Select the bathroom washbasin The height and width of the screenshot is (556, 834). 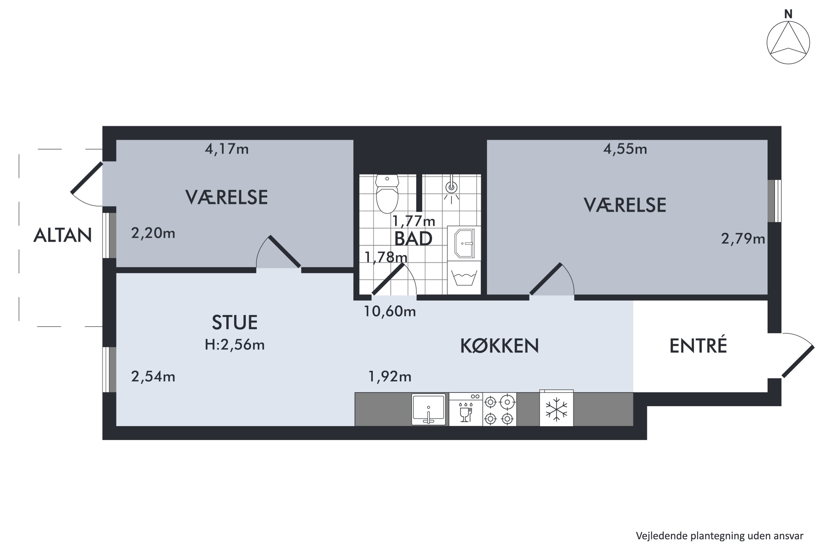(x=465, y=243)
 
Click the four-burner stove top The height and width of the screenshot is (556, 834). (x=499, y=409)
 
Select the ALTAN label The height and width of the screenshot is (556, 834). (x=63, y=235)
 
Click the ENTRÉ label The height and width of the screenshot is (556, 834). (x=698, y=346)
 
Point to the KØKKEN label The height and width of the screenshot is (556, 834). (x=499, y=346)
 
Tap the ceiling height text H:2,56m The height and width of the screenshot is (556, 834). (x=234, y=345)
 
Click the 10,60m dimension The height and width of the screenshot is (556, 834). (x=390, y=311)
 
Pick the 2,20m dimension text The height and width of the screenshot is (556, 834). (x=153, y=233)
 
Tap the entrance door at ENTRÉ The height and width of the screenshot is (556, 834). (x=798, y=362)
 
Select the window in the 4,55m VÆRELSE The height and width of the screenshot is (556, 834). (x=775, y=201)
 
